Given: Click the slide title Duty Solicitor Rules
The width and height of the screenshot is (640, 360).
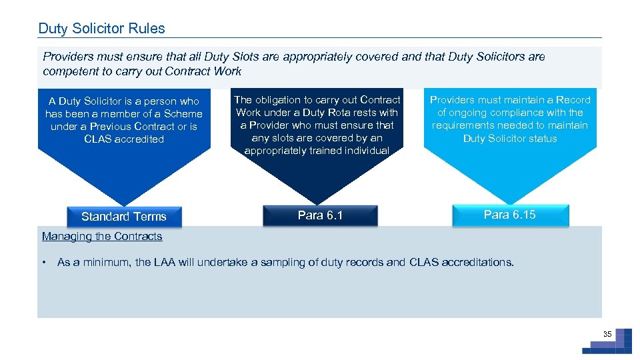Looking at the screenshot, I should click(101, 29).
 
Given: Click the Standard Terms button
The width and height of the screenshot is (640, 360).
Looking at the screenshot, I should click(123, 217).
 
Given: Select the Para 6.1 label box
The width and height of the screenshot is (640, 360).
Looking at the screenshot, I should click(320, 215).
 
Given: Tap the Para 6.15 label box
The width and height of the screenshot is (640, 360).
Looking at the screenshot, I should click(510, 215).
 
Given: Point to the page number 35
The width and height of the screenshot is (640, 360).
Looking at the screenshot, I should click(607, 334).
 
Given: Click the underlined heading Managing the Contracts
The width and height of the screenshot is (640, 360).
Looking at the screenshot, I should click(102, 236).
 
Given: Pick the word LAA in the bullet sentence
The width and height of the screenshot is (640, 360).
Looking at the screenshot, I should click(164, 262).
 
